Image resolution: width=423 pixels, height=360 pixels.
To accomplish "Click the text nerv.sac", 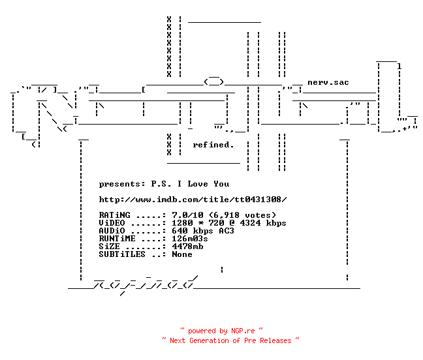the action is [328, 82].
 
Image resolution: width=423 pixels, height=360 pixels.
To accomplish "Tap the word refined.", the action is [213, 145].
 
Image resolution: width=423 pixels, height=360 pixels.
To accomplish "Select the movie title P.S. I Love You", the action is [190, 184].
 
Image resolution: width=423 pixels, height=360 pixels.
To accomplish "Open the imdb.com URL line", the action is [193, 200].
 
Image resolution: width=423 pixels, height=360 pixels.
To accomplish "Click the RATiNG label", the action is [114, 215].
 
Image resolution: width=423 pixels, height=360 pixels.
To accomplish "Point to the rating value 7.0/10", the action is [187, 215].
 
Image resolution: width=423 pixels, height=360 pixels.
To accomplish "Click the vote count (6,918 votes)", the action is [243, 215].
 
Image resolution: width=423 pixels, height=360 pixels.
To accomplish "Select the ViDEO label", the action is [112, 223].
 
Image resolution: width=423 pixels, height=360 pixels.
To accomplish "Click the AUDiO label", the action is [112, 231].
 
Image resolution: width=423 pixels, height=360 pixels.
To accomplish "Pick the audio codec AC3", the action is [227, 231].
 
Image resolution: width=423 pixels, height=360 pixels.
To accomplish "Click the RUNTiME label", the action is [117, 239].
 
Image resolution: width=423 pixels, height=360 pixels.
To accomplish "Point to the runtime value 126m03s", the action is [190, 239].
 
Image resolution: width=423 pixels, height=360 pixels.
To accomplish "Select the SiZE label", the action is [109, 247].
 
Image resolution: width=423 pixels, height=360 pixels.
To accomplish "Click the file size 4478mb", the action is [187, 247].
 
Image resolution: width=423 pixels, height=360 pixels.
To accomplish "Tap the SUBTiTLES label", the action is [122, 254].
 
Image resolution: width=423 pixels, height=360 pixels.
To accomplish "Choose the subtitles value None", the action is [182, 254].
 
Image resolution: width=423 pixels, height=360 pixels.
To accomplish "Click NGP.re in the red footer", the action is [243, 331].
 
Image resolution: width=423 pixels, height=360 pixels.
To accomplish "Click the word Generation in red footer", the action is [209, 340].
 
